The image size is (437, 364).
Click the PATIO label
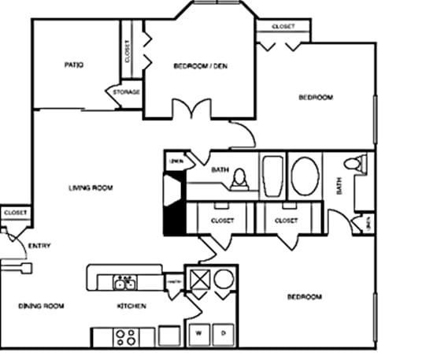(75, 65)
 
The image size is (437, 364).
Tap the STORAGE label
(126, 92)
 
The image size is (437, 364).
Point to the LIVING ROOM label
(91, 188)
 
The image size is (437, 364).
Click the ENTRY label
(39, 246)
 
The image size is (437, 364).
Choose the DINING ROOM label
(41, 306)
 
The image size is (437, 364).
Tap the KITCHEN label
(131, 306)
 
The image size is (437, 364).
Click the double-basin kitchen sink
(125, 282)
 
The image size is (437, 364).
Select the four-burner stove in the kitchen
(125, 336)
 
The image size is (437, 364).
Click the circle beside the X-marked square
(224, 281)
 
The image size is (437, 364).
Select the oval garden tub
(304, 176)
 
